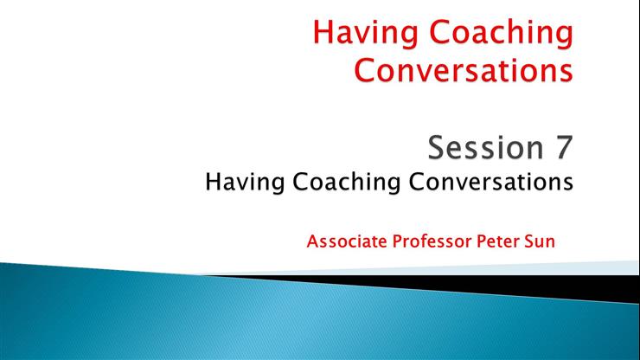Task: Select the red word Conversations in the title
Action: [x=463, y=69]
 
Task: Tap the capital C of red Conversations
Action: [x=367, y=69]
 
